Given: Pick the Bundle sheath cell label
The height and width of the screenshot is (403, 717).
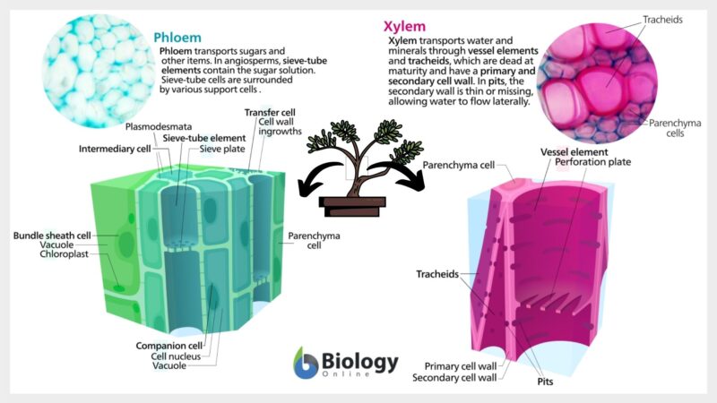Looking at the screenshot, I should click(52, 235).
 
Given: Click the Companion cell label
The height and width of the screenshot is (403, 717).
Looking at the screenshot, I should click(169, 344).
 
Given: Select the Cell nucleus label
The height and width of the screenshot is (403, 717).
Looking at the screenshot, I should click(181, 356).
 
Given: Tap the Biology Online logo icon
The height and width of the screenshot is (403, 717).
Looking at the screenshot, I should click(307, 362).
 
